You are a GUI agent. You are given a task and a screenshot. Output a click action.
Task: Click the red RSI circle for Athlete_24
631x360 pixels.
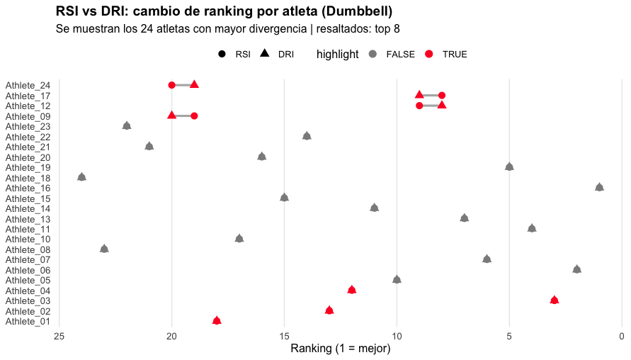point(172,85)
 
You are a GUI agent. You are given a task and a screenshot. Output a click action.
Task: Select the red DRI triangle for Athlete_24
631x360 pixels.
point(194,84)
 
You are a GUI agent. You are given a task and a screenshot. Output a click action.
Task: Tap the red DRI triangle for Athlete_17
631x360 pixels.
point(419,95)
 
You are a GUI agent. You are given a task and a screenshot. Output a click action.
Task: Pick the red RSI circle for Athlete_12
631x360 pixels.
point(419,106)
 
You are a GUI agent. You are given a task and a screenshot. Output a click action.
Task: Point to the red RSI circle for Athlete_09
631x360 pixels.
point(194,116)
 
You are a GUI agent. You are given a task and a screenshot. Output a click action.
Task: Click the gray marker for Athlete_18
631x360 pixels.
point(81,176)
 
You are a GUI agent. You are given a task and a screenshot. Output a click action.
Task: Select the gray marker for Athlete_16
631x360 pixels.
point(599,187)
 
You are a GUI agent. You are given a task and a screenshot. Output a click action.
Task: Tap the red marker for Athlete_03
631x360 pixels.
point(554,300)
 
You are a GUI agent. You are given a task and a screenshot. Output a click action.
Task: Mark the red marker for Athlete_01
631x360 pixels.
point(217,320)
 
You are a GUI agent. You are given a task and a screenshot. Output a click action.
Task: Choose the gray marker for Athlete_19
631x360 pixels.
point(509,167)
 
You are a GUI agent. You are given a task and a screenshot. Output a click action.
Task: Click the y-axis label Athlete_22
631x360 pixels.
point(28,137)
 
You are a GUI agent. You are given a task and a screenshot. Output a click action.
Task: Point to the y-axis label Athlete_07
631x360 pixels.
point(28,260)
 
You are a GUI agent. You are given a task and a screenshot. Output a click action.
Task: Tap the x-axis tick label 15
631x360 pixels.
point(284,336)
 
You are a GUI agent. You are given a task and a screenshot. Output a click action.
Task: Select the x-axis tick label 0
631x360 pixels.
point(622,336)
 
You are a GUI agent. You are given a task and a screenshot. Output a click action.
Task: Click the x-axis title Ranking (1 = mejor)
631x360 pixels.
point(341,349)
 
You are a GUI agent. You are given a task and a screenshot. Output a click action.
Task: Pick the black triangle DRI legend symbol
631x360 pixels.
point(264,53)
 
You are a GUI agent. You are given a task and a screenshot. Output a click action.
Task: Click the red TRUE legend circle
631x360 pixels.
point(429,54)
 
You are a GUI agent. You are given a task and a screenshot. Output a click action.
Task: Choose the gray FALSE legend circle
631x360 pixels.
point(373,54)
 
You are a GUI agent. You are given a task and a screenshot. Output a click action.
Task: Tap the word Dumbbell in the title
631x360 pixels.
point(357,11)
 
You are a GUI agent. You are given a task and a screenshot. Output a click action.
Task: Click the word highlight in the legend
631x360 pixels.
point(337,54)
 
